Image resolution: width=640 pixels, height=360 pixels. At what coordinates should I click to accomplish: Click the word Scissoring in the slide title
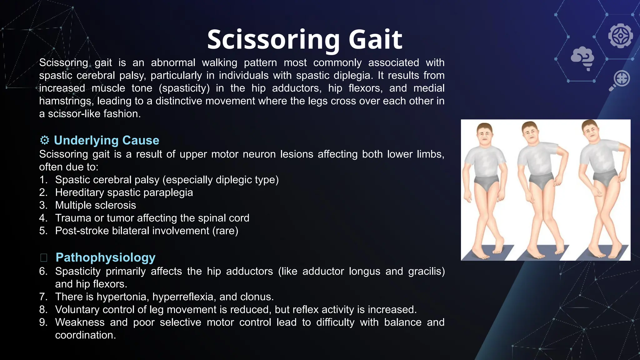pyautogui.click(x=273, y=40)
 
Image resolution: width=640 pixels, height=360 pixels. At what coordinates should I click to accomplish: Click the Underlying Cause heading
pyautogui.click(x=106, y=140)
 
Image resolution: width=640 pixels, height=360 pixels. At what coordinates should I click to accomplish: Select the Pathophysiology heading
pyautogui.click(x=105, y=257)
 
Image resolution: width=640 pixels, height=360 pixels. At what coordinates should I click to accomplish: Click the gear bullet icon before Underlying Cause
pyautogui.click(x=45, y=140)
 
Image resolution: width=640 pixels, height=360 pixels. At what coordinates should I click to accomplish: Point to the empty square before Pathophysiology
pyautogui.click(x=44, y=258)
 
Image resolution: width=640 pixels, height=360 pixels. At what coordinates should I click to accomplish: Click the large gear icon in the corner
pyautogui.click(x=620, y=36)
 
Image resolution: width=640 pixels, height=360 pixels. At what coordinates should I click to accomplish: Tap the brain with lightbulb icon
pyautogui.click(x=582, y=58)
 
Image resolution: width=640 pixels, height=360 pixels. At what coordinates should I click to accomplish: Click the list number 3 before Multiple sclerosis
pyautogui.click(x=43, y=205)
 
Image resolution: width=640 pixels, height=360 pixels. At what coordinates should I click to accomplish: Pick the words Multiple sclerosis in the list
pyautogui.click(x=95, y=205)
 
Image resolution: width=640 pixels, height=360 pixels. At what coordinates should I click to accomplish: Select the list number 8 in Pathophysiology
pyautogui.click(x=43, y=310)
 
